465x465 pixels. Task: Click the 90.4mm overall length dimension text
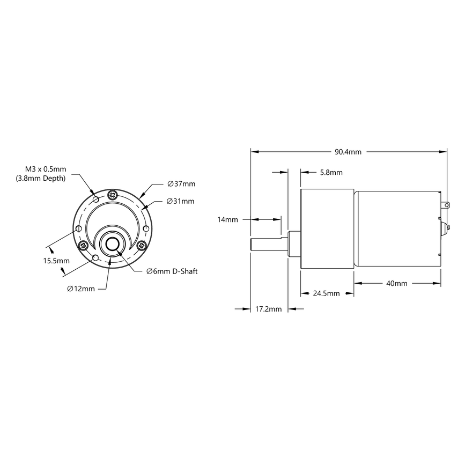pyautogui.click(x=348, y=152)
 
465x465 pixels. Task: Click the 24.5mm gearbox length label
pyautogui.click(x=326, y=293)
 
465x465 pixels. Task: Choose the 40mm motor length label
pyautogui.click(x=396, y=283)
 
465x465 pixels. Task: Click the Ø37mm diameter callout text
pyautogui.click(x=181, y=183)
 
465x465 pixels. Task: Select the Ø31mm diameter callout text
pyautogui.click(x=181, y=201)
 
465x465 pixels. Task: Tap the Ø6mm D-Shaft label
pyautogui.click(x=172, y=271)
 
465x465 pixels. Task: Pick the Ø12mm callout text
pyautogui.click(x=81, y=288)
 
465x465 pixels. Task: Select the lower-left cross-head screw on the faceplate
pyautogui.click(x=84, y=246)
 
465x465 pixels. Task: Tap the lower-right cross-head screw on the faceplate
pyautogui.click(x=142, y=246)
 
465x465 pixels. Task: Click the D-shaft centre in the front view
pyautogui.click(x=113, y=244)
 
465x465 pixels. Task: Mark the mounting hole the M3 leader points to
pyautogui.click(x=95, y=199)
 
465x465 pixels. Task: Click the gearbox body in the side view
pyautogui.click(x=326, y=228)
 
